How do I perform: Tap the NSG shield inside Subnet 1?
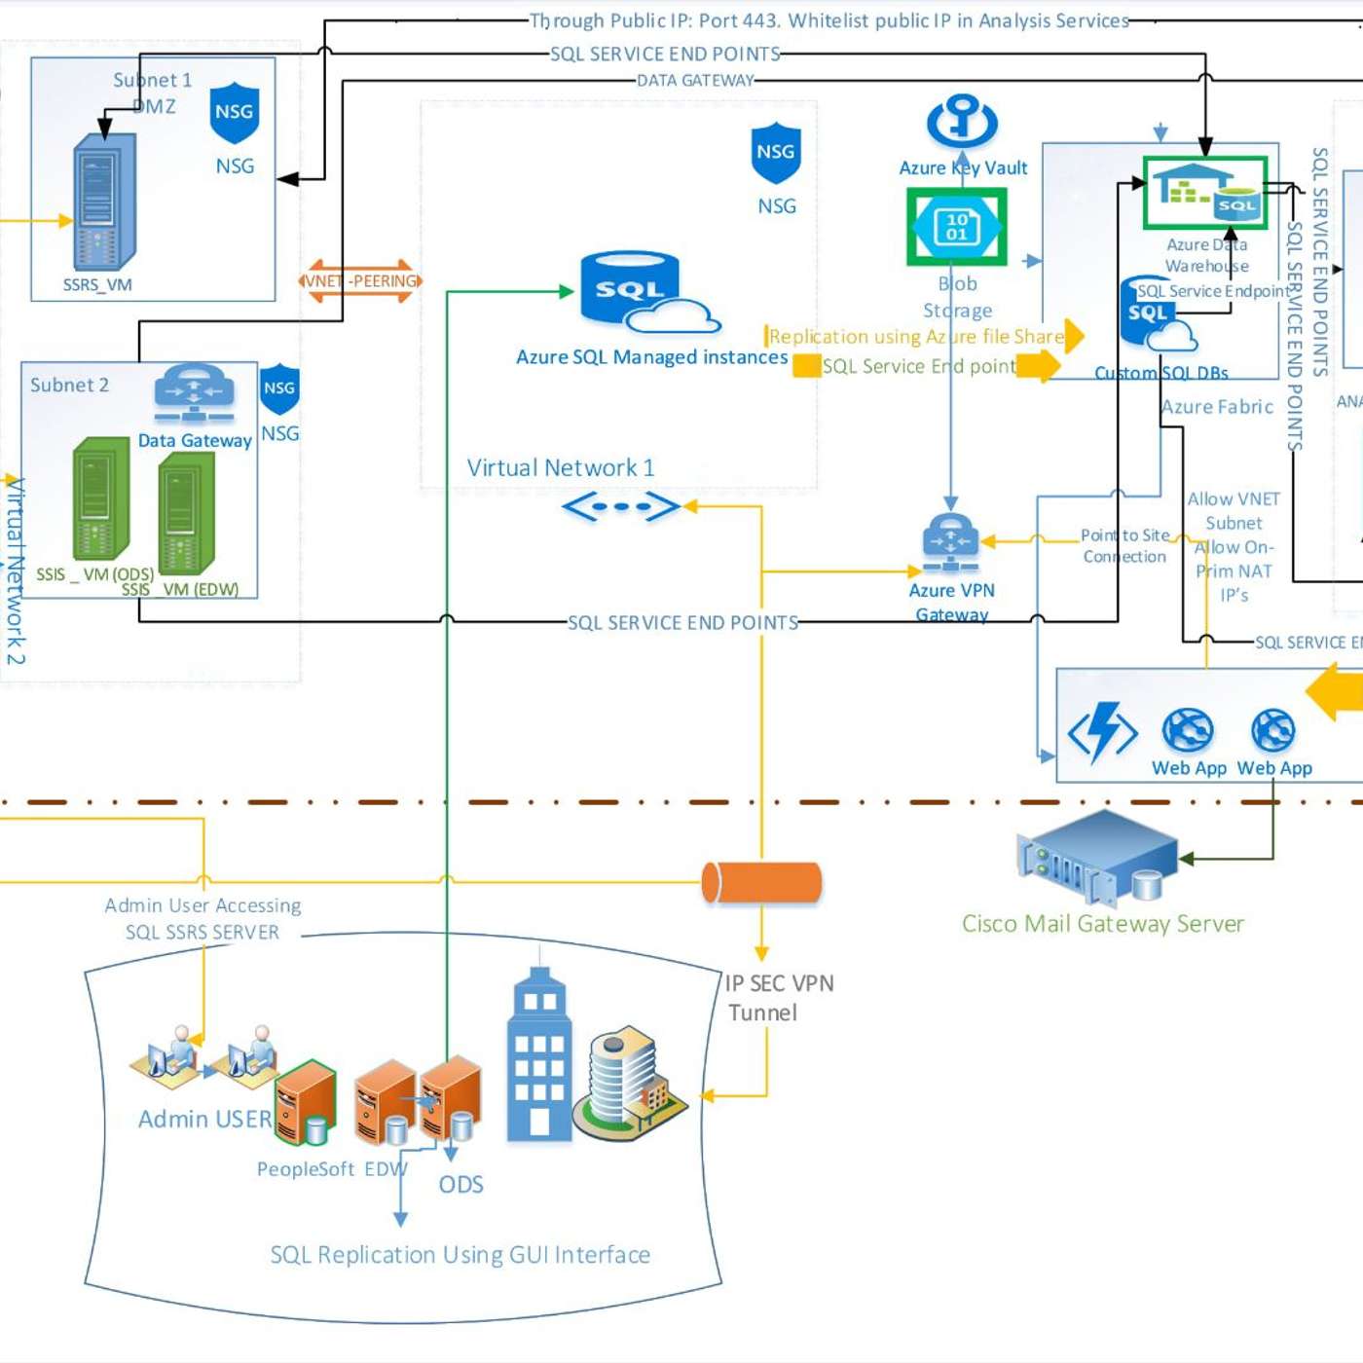[235, 113]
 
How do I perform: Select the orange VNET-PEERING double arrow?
[360, 281]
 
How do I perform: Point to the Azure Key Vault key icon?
[962, 121]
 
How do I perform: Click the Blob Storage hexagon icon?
[957, 227]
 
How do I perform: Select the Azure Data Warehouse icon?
[1205, 193]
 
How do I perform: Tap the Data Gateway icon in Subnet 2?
[195, 392]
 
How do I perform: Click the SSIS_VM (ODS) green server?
[100, 498]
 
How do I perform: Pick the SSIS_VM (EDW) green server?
[186, 513]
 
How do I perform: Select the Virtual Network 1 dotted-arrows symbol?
[621, 506]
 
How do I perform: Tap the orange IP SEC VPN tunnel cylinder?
[761, 882]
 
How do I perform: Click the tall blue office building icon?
[538, 1056]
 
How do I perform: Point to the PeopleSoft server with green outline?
[305, 1102]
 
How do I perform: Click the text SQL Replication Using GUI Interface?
[460, 1255]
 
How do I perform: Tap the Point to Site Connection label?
[1124, 546]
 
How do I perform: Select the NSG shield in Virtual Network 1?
[776, 152]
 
